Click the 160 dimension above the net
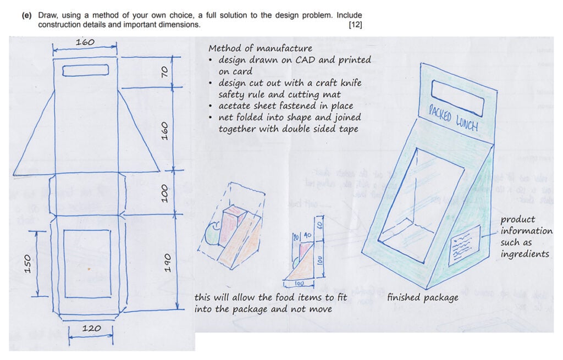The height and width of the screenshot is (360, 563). (x=85, y=42)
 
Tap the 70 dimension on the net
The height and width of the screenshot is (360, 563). (x=163, y=71)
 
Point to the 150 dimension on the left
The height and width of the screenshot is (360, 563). (x=29, y=263)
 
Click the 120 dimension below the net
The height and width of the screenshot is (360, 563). (x=91, y=329)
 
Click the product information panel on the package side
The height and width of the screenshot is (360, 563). (x=463, y=245)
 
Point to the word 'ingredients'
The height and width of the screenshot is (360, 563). (x=525, y=254)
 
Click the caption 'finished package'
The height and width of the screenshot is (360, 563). (x=422, y=297)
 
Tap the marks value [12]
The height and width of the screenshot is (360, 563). (x=355, y=25)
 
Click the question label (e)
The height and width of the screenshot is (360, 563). (x=26, y=15)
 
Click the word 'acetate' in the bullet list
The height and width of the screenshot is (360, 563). (x=235, y=106)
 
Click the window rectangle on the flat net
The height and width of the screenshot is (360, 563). (x=87, y=263)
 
